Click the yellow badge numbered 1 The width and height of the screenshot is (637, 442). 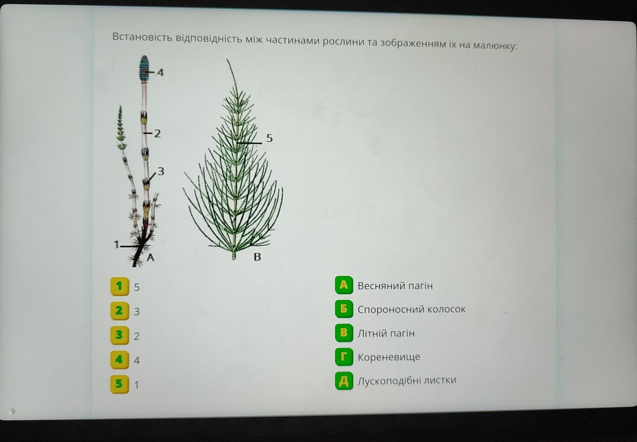120,287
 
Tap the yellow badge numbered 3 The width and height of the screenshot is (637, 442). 120,335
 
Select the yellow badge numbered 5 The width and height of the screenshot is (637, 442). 120,384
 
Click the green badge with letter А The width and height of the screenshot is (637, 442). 344,285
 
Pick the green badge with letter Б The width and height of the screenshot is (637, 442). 344,309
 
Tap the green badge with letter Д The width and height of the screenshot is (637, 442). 344,381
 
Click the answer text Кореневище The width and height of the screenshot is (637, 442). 389,357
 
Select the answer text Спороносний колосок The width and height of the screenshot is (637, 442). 411,309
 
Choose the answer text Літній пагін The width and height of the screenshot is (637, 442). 386,333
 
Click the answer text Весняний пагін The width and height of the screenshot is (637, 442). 395,286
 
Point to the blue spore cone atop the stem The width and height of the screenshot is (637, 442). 144,68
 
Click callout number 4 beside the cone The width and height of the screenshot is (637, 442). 161,73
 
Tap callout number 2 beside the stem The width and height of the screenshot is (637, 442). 157,133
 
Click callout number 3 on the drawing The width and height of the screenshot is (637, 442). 161,171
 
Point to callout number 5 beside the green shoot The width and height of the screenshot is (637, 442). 269,138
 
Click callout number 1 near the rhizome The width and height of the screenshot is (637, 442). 116,245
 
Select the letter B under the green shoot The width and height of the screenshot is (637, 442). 257,257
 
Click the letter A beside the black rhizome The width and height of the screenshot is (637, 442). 150,258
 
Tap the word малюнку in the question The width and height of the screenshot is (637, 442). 495,46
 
